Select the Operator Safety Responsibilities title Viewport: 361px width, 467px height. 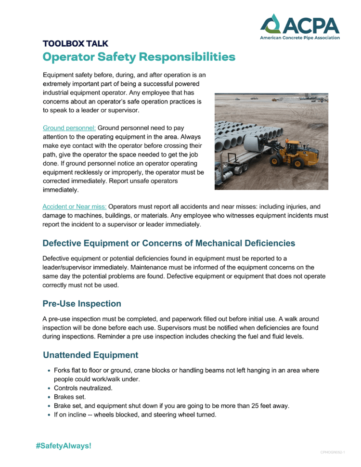139,57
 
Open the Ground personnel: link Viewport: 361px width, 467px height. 69,128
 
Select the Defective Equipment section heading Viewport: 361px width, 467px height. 168,243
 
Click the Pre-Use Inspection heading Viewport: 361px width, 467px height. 82,304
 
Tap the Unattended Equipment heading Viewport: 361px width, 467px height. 90,355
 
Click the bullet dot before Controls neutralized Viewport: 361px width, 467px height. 49,388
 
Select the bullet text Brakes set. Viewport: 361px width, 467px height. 70,397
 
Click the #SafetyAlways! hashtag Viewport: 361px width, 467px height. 64,446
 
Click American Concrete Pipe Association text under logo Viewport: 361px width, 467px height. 299,38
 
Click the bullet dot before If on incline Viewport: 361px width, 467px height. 49,415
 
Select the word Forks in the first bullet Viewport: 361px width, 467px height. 63,370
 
